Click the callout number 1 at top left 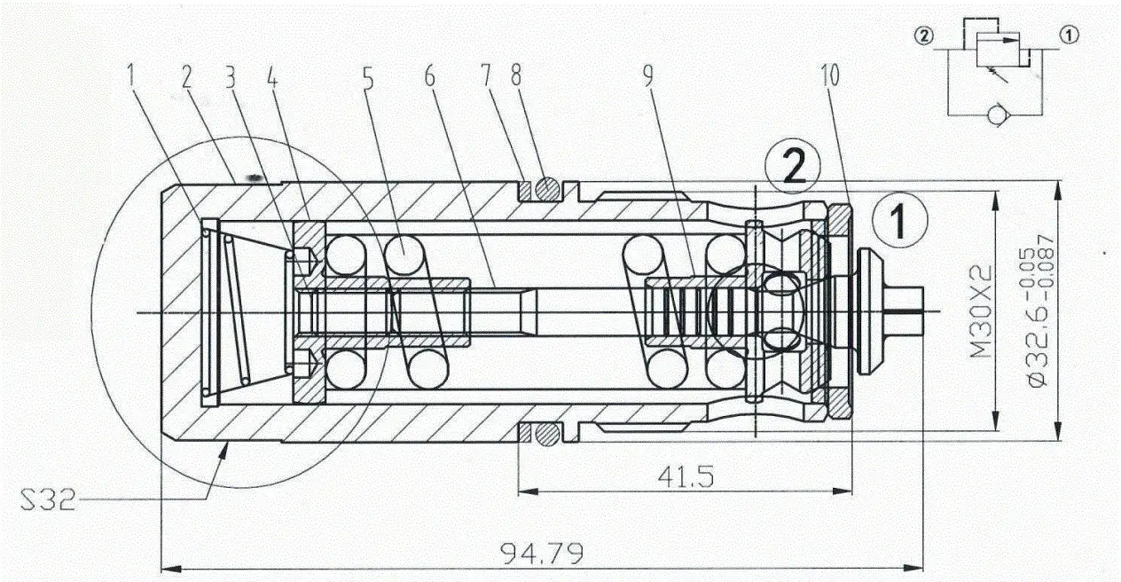pos(131,76)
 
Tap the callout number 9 pos(648,75)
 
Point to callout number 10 pos(830,75)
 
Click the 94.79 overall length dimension pos(542,554)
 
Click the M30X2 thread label pos(980,311)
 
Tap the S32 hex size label pos(48,499)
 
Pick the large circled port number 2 pos(793,167)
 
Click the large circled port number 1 pos(900,220)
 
